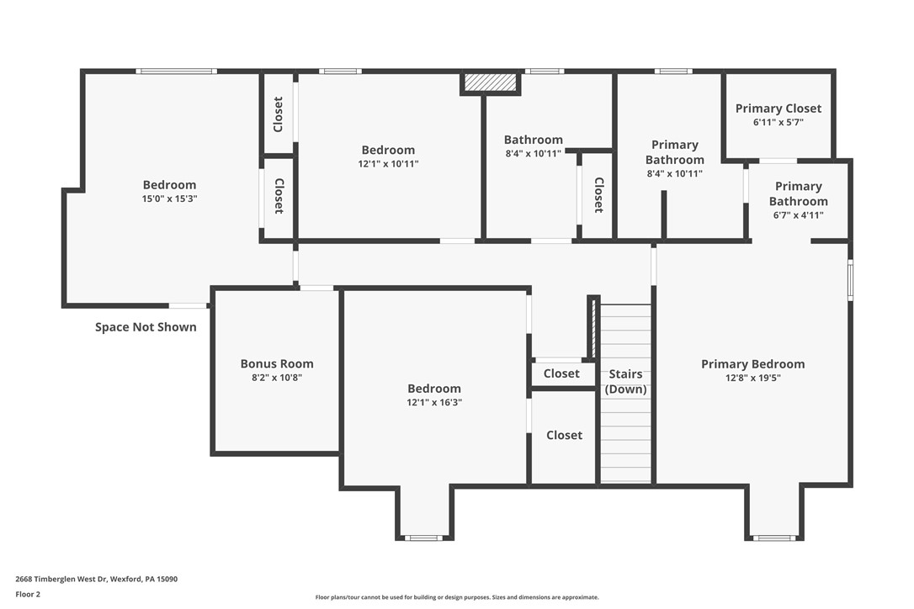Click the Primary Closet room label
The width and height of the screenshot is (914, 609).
[x=778, y=109]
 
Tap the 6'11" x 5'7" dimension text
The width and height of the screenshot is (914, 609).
[x=778, y=122]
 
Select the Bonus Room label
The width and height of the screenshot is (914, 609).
[x=276, y=364]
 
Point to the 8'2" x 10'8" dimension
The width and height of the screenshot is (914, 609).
[x=276, y=378]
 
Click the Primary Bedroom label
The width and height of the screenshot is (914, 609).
[x=752, y=364]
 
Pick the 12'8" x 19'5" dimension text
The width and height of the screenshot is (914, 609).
[x=752, y=378]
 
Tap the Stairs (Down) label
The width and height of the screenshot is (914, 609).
[x=625, y=381]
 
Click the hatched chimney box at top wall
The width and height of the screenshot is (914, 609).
[x=490, y=82]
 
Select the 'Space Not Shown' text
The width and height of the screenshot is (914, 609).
[x=146, y=327]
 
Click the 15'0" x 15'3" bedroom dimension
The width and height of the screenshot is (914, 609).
[x=169, y=199]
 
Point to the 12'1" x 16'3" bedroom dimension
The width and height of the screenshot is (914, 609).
[x=434, y=402]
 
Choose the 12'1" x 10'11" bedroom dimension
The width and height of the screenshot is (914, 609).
[x=388, y=164]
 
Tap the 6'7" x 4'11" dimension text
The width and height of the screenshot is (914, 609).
[x=798, y=215]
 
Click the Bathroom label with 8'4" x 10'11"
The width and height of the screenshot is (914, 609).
[x=533, y=140]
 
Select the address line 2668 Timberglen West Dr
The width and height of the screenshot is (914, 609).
[x=97, y=579]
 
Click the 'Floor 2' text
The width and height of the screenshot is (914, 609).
[x=28, y=594]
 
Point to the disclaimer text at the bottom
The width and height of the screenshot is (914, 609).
[x=457, y=597]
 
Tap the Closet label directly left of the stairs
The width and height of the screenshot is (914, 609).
[x=561, y=373]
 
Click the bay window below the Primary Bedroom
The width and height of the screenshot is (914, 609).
[x=774, y=538]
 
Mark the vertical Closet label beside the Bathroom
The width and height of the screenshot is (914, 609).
[x=598, y=194]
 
